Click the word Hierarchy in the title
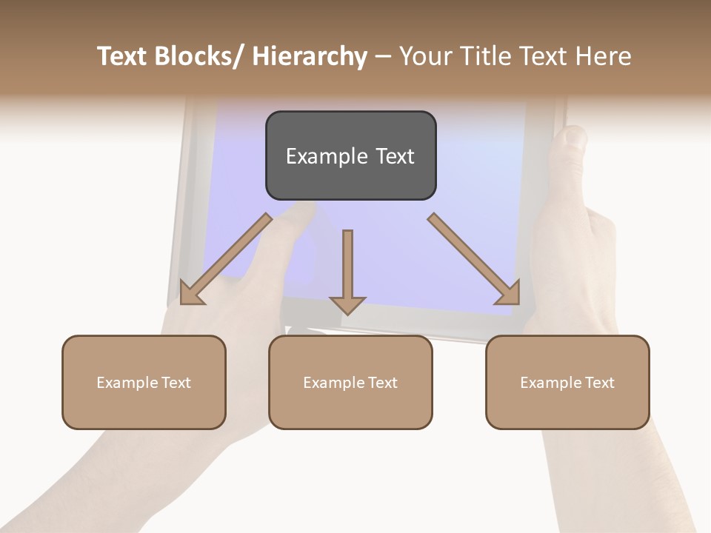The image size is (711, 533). (x=310, y=56)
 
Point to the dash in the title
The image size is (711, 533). (x=382, y=57)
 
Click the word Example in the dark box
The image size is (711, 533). (x=320, y=156)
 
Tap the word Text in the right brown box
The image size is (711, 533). (x=599, y=382)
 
